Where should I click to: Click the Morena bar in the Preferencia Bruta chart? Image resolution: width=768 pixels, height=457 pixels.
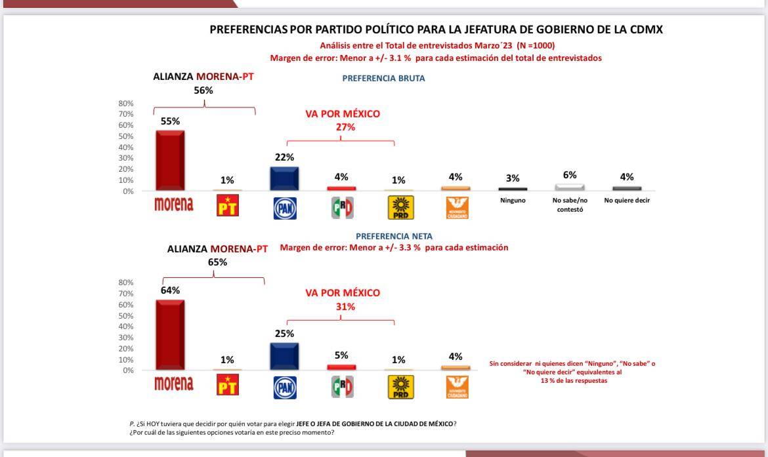(x=169, y=161)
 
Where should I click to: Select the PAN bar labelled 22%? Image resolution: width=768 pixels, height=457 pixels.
(x=284, y=178)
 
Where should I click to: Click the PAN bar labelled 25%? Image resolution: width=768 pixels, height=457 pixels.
(x=284, y=356)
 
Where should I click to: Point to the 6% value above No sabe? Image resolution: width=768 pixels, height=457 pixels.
(x=569, y=175)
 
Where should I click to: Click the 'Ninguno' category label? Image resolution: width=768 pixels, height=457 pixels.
(x=513, y=201)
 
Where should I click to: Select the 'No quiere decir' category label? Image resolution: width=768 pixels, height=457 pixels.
(x=627, y=201)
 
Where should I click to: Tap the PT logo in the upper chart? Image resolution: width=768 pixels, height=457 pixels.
(x=228, y=207)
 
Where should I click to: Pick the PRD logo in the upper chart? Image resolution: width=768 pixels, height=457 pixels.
(x=398, y=207)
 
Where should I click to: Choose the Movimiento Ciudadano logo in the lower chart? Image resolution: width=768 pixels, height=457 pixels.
(x=456, y=387)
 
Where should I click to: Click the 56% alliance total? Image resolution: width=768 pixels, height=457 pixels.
(x=203, y=90)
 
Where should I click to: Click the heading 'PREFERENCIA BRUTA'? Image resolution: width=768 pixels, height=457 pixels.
(x=383, y=78)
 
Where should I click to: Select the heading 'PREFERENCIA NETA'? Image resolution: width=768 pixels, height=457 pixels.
(x=394, y=236)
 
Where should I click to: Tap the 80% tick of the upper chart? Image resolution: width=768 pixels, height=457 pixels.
(x=125, y=104)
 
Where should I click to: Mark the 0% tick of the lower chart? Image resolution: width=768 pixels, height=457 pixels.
(x=127, y=370)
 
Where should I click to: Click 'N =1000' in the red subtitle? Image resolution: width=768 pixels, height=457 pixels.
(x=536, y=46)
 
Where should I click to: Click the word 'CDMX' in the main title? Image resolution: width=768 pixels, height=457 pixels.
(x=645, y=30)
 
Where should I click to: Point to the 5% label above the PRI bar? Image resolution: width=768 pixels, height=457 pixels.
(x=341, y=355)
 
